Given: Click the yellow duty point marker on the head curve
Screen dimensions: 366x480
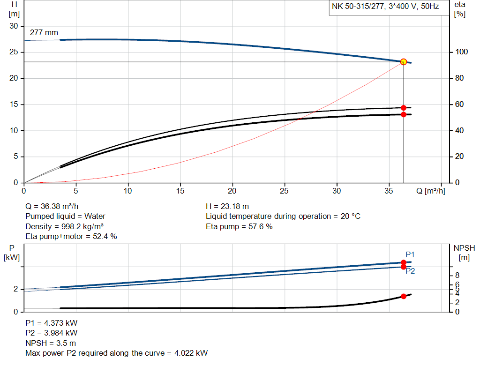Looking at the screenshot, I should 404,62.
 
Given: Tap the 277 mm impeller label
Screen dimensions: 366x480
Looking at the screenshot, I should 44,33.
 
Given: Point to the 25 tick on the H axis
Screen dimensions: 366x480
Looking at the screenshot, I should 14,52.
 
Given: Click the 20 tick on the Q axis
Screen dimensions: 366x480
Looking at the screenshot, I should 232,191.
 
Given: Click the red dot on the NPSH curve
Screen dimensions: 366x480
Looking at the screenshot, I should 404,296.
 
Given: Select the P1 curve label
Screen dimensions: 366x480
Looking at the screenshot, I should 410,254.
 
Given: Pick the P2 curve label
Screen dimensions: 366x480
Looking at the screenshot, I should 410,271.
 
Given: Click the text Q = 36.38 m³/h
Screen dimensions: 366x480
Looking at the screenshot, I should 52,206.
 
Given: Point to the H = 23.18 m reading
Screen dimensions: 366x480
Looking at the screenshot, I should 227,206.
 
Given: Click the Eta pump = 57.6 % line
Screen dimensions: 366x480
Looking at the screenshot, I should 239,226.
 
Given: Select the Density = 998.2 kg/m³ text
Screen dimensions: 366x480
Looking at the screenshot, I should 64,226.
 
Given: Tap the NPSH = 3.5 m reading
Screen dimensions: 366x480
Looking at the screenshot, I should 50,343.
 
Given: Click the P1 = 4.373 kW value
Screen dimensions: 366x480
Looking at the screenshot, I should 51,323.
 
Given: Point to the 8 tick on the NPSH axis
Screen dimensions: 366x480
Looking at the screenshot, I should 457,275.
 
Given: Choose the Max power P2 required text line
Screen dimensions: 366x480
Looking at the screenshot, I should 116,353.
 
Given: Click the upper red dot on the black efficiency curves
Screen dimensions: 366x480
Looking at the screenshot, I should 404,108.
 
